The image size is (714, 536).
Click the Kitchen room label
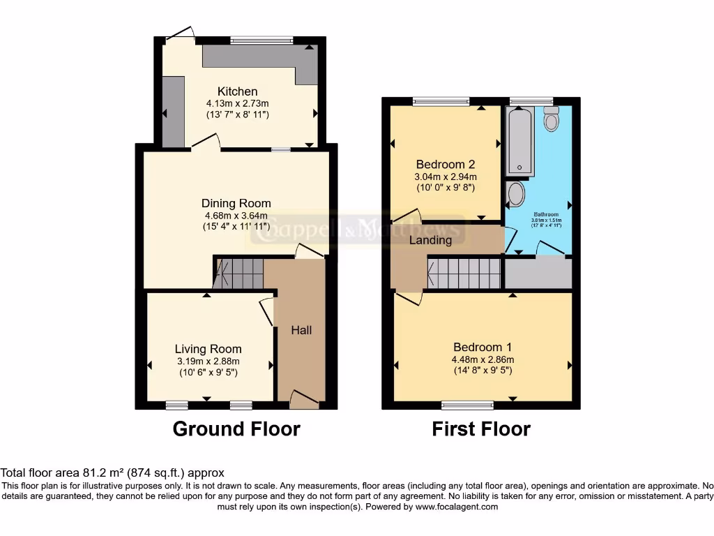pyautogui.click(x=237, y=91)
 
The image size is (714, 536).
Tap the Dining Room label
pyautogui.click(x=236, y=203)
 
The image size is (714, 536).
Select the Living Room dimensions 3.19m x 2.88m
pyautogui.click(x=208, y=361)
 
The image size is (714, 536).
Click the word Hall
pyautogui.click(x=301, y=330)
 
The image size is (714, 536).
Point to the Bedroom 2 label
pyautogui.click(x=445, y=165)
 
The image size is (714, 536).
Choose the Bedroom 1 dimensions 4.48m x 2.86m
pyautogui.click(x=483, y=359)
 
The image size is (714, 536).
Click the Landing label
pyautogui.click(x=430, y=240)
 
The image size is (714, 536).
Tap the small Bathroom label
pyautogui.click(x=546, y=214)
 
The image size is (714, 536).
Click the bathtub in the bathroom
pyautogui.click(x=520, y=140)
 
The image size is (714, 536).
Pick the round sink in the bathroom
pyautogui.click(x=515, y=195)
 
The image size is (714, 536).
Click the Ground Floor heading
pyautogui.click(x=236, y=429)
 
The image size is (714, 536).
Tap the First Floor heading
pyautogui.click(x=481, y=429)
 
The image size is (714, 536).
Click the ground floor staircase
pyautogui.click(x=238, y=274)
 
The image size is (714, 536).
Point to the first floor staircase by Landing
pyautogui.click(x=464, y=273)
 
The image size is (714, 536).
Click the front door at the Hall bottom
pyautogui.click(x=304, y=401)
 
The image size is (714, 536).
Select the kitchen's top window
pyautogui.click(x=263, y=40)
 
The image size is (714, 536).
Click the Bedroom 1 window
pyautogui.click(x=467, y=404)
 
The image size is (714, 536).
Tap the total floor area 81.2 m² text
pyautogui.click(x=112, y=472)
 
